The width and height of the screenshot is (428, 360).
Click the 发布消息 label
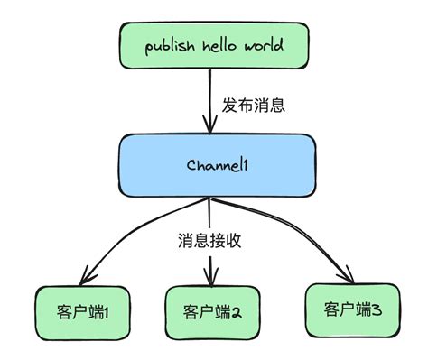[254, 104]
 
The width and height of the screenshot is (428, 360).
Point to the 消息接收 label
[209, 241]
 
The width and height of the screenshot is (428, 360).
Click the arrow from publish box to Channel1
[209, 99]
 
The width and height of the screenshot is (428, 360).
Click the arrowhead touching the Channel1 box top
[209, 126]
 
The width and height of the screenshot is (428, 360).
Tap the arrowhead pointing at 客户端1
[88, 273]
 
